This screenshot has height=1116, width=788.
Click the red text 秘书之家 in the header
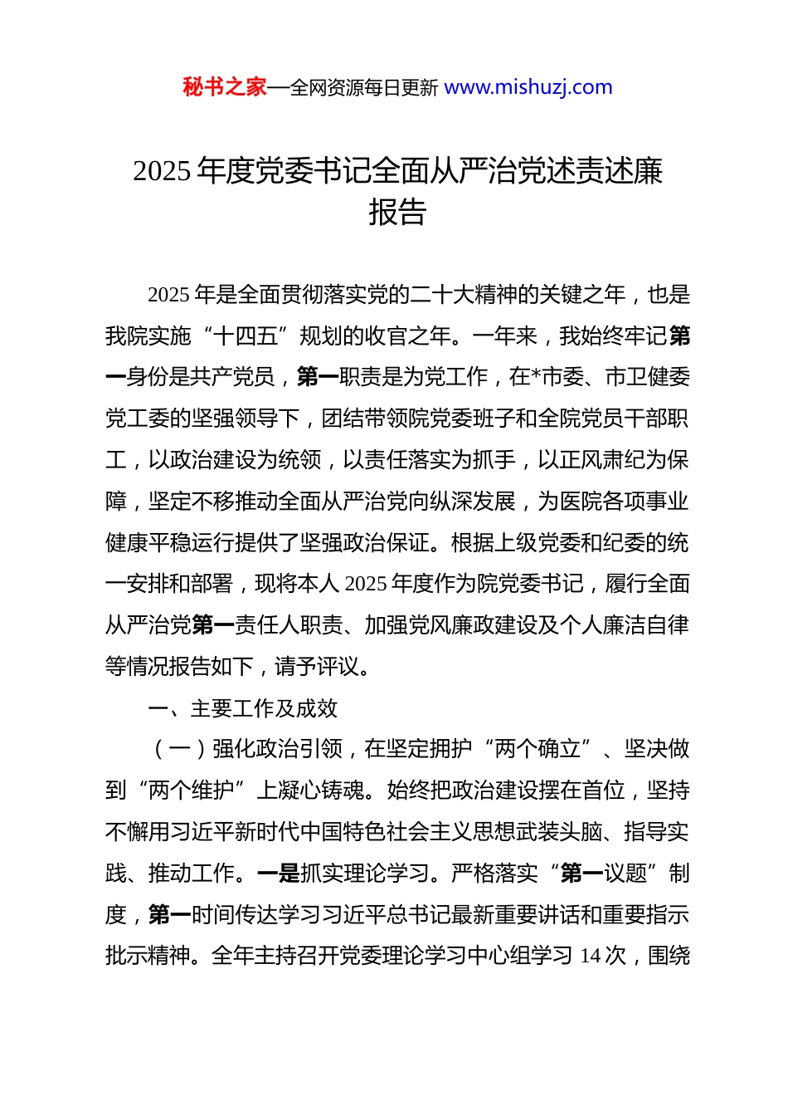pos(225,87)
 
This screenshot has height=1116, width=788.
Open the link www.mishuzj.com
pos(528,87)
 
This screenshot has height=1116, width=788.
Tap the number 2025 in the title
pos(162,171)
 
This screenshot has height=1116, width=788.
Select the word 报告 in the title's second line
pos(397,213)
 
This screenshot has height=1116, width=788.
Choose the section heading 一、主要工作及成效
pos(243,708)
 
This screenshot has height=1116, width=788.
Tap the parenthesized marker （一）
pos(180,749)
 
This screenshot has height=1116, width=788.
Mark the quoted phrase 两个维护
pos(191,790)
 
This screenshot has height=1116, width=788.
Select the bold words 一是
pos(279,874)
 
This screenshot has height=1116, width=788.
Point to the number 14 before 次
pos(590,957)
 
